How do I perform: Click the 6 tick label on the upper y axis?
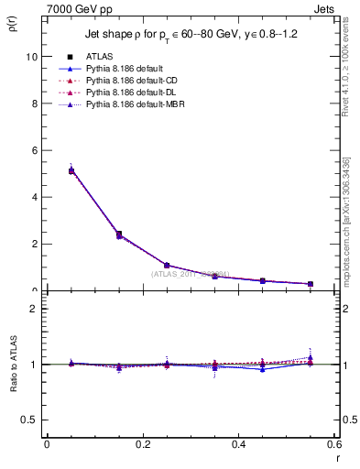point(33,150)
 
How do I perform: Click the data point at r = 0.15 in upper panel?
point(119,234)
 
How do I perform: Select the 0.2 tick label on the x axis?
point(142,443)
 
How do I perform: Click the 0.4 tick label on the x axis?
point(238,443)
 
